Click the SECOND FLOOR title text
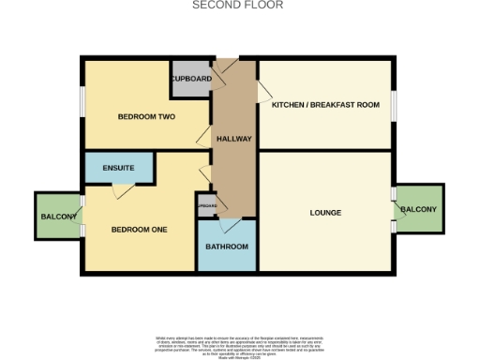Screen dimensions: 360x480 pyautogui.click(x=237, y=5)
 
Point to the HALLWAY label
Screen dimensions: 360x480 pyautogui.click(x=233, y=139)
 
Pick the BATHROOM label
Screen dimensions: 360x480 pyautogui.click(x=227, y=247)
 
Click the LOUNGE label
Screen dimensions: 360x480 pyautogui.click(x=325, y=213)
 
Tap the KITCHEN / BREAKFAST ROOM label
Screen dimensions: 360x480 pyautogui.click(x=325, y=105)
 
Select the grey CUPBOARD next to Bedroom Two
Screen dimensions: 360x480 pyautogui.click(x=191, y=80)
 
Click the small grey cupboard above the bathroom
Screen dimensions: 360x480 pyautogui.click(x=206, y=206)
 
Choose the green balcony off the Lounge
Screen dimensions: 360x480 pyautogui.click(x=419, y=209)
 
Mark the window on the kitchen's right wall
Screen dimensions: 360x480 pyautogui.click(x=394, y=105)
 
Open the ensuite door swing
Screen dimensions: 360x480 pyautogui.click(x=120, y=191)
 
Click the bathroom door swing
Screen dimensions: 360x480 pyautogui.click(x=225, y=224)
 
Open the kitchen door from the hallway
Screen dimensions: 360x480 pyautogui.click(x=264, y=91)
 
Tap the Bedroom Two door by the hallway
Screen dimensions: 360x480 pyautogui.click(x=203, y=139)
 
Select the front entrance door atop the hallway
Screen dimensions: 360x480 pyautogui.click(x=225, y=68)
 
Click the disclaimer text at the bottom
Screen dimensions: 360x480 pyautogui.click(x=239, y=343)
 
